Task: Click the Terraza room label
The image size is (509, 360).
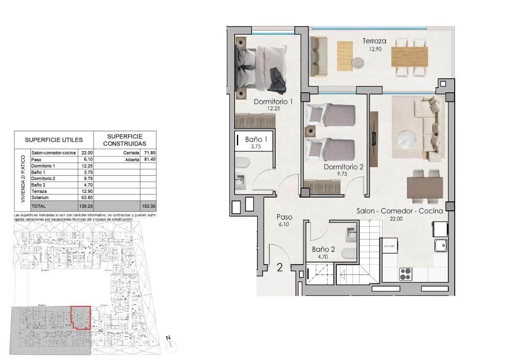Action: click(x=374, y=41)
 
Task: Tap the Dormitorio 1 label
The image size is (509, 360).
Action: click(x=273, y=102)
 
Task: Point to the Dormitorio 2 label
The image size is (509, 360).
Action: click(x=343, y=167)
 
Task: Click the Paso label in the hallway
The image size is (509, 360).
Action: click(x=284, y=217)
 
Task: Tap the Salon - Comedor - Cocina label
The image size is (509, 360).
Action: click(x=400, y=211)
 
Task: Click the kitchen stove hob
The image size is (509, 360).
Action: click(x=405, y=274)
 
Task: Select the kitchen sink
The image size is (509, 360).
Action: click(x=441, y=245)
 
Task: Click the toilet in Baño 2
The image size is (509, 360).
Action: click(x=347, y=253)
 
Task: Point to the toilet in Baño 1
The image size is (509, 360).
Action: click(x=242, y=162)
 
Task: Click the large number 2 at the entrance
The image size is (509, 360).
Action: click(x=280, y=268)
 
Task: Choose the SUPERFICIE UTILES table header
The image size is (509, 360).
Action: click(x=53, y=140)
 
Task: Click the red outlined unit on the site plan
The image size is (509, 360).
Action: click(x=80, y=317)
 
